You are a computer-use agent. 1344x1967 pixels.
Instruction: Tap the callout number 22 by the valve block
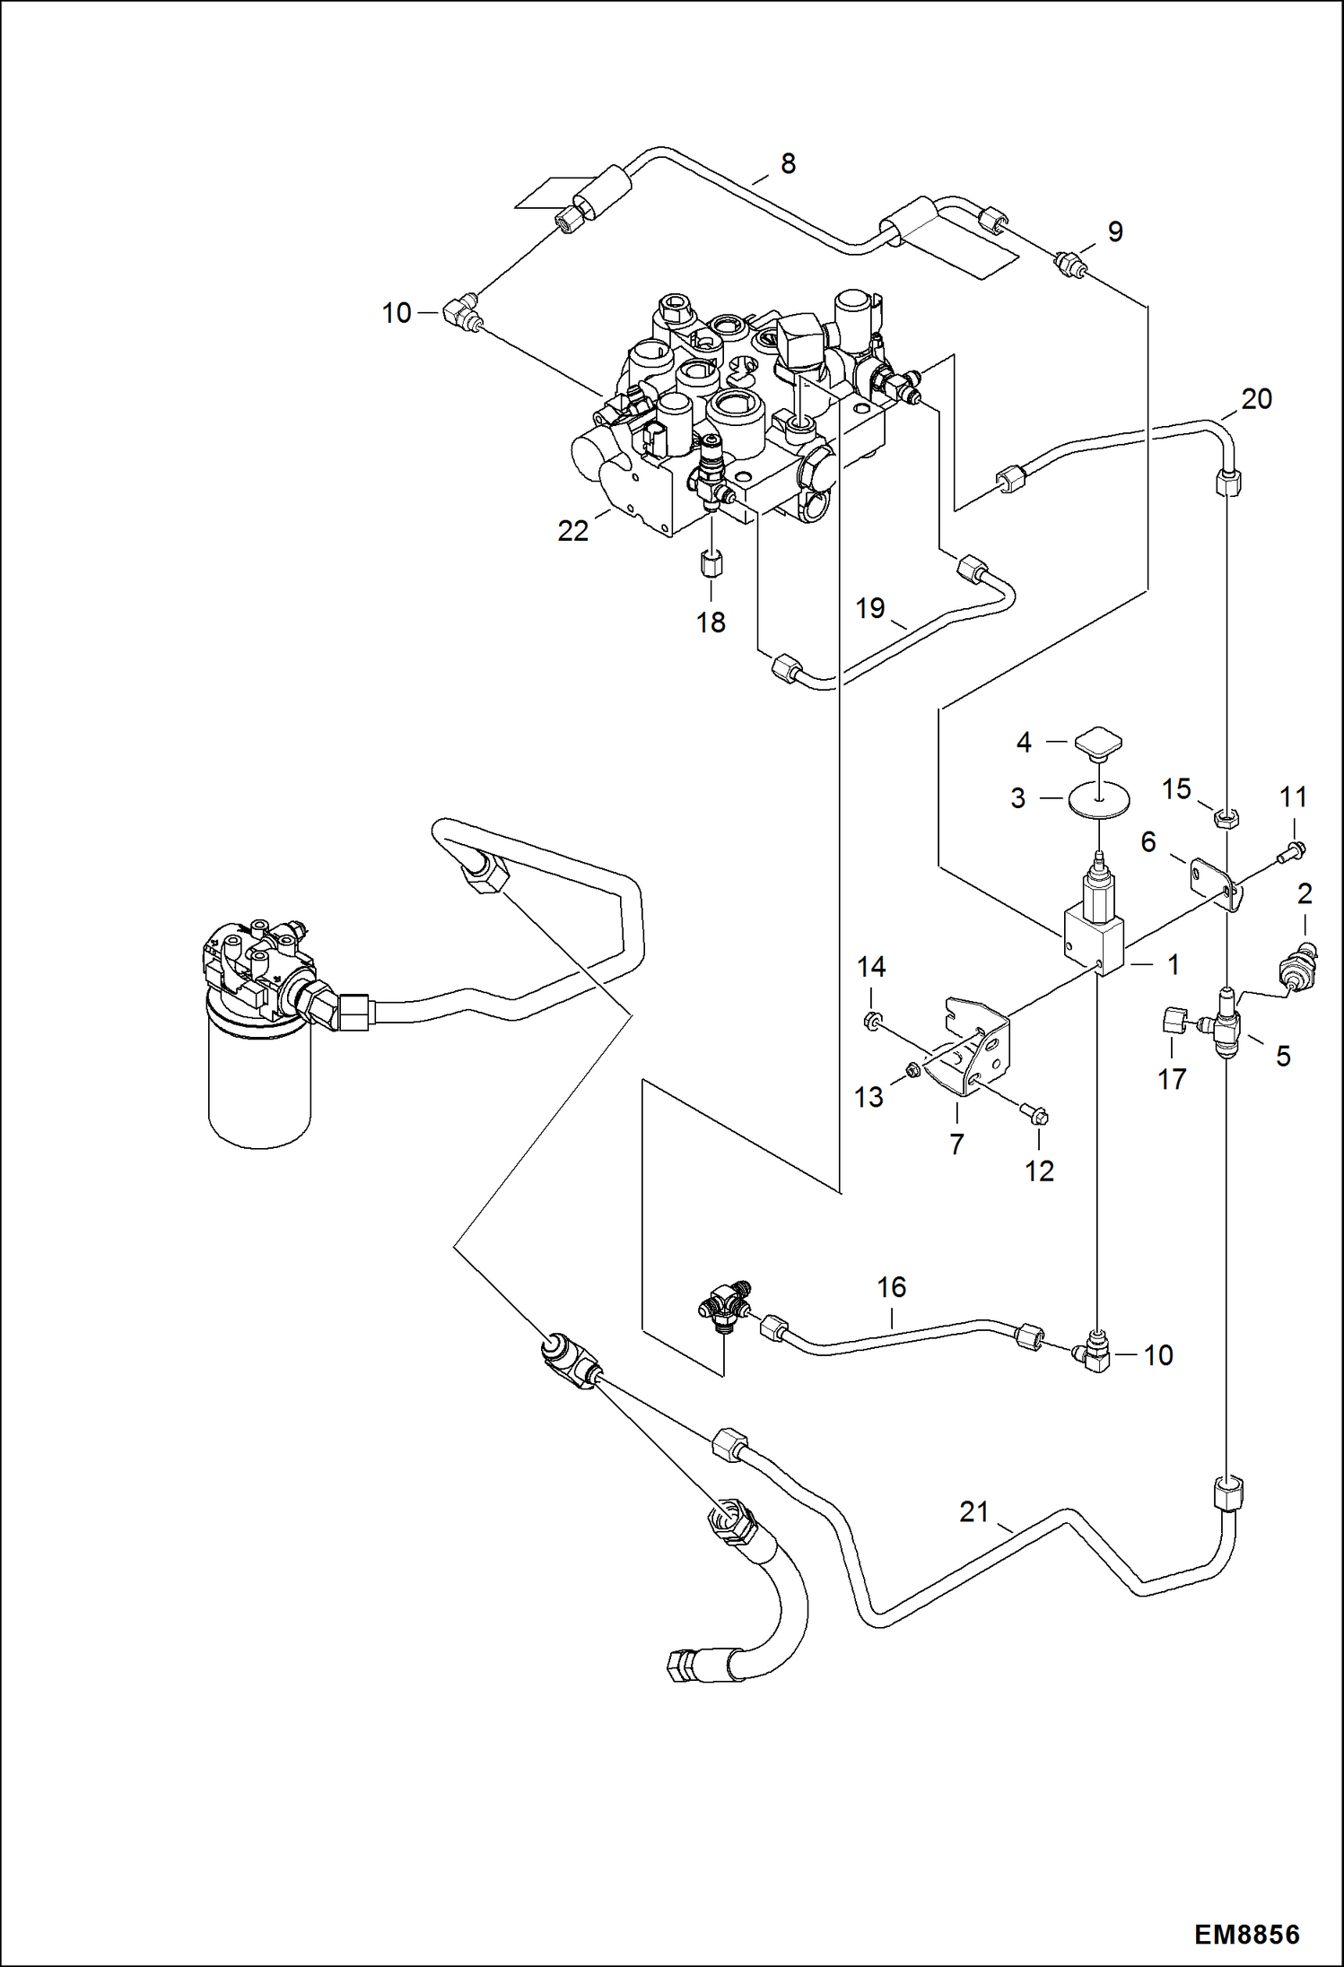click(x=572, y=531)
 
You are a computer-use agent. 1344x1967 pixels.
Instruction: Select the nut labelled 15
click(x=1226, y=817)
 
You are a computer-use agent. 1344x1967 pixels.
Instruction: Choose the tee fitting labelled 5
click(x=1226, y=1023)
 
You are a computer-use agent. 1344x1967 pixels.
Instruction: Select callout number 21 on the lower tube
click(x=973, y=1511)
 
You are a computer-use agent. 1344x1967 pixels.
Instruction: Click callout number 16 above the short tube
click(x=891, y=1288)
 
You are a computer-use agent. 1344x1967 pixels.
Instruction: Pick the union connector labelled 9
click(x=1070, y=264)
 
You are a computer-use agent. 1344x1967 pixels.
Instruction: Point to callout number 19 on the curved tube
click(x=869, y=608)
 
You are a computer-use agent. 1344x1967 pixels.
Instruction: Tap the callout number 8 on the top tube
click(x=787, y=163)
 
